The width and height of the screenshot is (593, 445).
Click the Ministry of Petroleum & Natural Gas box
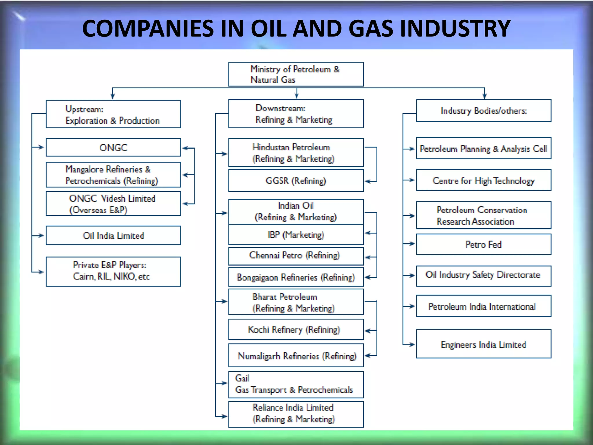[x=296, y=74]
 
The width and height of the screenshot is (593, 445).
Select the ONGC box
[x=113, y=147]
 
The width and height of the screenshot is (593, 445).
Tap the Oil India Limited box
[x=113, y=236]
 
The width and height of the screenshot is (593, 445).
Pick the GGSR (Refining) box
[x=296, y=180]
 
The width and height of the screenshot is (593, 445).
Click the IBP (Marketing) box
[x=296, y=235]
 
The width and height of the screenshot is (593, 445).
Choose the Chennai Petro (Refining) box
[x=296, y=256]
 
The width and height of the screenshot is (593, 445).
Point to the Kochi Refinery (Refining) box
[x=296, y=329]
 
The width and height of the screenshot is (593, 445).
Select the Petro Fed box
[x=483, y=244]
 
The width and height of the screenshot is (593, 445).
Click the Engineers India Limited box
[x=483, y=344]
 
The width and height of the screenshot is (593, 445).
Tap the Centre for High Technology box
[x=483, y=180]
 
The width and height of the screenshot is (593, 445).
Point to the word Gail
[x=242, y=378]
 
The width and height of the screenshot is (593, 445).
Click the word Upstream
[x=84, y=109]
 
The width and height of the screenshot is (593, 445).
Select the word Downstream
[x=280, y=108]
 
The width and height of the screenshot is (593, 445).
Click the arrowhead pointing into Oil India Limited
[x=41, y=236]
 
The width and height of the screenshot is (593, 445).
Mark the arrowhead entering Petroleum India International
[x=412, y=306]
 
